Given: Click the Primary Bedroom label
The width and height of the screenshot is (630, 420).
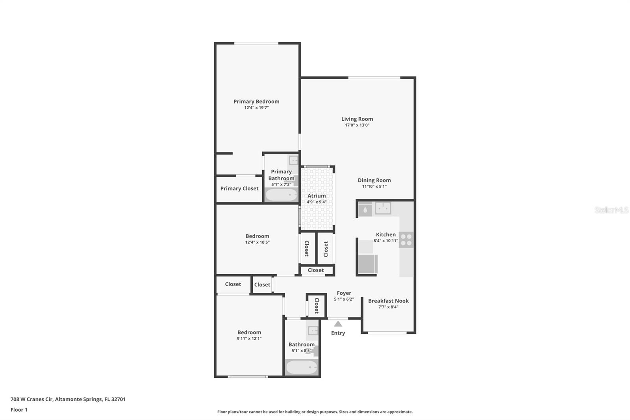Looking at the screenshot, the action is click(x=256, y=101).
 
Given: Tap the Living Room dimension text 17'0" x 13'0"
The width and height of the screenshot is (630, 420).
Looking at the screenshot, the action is click(x=357, y=125).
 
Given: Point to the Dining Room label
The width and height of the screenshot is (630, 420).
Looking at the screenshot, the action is click(x=374, y=180).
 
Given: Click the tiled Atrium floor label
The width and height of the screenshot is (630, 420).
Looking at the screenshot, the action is click(x=317, y=196).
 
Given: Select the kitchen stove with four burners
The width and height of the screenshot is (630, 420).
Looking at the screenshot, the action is click(x=406, y=240).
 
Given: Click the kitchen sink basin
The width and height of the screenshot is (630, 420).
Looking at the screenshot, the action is click(x=383, y=208).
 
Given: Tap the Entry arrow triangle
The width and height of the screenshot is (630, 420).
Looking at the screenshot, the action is click(x=338, y=324).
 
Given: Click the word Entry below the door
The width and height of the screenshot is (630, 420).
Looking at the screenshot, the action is click(x=338, y=333).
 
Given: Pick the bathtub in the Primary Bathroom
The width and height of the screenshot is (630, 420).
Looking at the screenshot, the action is click(x=281, y=195).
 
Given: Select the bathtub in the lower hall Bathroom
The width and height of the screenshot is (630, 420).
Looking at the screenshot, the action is click(x=302, y=367).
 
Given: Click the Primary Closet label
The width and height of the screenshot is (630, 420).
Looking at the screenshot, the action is click(x=239, y=189).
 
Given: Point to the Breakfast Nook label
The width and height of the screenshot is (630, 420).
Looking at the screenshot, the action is click(x=388, y=301).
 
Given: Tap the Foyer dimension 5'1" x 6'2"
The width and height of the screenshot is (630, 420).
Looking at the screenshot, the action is click(x=344, y=299).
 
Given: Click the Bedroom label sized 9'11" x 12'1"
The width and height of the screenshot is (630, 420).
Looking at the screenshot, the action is click(x=249, y=332).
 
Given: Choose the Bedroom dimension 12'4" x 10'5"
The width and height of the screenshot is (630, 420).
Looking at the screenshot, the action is click(x=257, y=242).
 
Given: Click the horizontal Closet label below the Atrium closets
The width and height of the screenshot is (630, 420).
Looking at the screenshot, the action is click(x=315, y=270).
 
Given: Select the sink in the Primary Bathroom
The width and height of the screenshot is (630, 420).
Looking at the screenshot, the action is click(x=293, y=160).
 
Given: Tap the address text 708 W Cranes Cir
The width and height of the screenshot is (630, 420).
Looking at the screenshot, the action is click(x=32, y=399).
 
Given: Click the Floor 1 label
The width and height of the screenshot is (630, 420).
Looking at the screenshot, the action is click(x=19, y=410).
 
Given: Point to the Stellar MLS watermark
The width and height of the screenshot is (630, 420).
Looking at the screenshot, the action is click(x=611, y=210).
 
